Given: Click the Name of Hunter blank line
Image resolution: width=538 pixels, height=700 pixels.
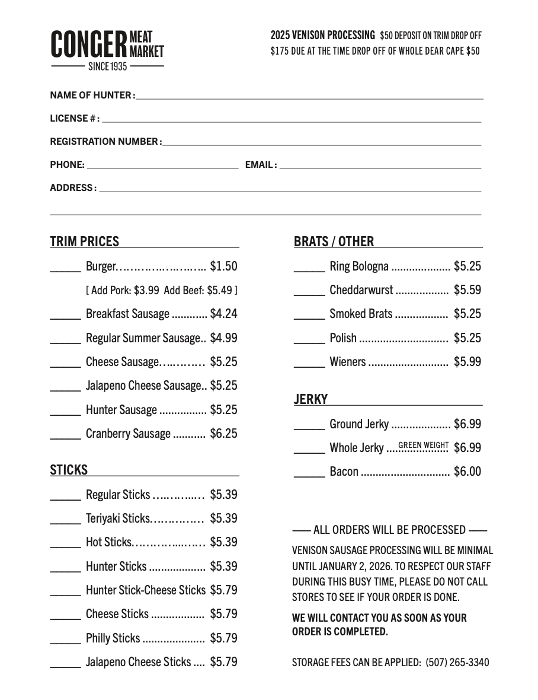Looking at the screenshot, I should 309,97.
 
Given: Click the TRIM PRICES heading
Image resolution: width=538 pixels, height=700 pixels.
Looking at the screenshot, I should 85,241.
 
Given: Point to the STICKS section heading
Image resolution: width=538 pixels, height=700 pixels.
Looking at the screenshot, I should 69,470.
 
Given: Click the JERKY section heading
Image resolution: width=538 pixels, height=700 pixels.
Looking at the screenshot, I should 310,399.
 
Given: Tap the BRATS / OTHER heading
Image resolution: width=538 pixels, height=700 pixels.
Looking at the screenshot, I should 334,241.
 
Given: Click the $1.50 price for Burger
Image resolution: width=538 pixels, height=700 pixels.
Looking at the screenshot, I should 223,266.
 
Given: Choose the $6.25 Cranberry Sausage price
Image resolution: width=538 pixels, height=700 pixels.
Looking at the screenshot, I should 223,434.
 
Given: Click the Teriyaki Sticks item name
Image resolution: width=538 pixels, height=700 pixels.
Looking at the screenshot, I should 118,518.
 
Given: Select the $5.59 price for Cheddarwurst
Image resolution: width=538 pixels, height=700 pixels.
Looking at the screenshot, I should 467,290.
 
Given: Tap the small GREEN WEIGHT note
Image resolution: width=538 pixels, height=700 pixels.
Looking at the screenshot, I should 423,445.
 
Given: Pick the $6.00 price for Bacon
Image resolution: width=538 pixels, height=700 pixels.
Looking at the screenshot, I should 467,472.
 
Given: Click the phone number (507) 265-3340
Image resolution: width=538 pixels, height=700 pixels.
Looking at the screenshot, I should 457,662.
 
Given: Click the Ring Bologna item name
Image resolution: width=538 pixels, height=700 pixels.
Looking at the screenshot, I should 359,266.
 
